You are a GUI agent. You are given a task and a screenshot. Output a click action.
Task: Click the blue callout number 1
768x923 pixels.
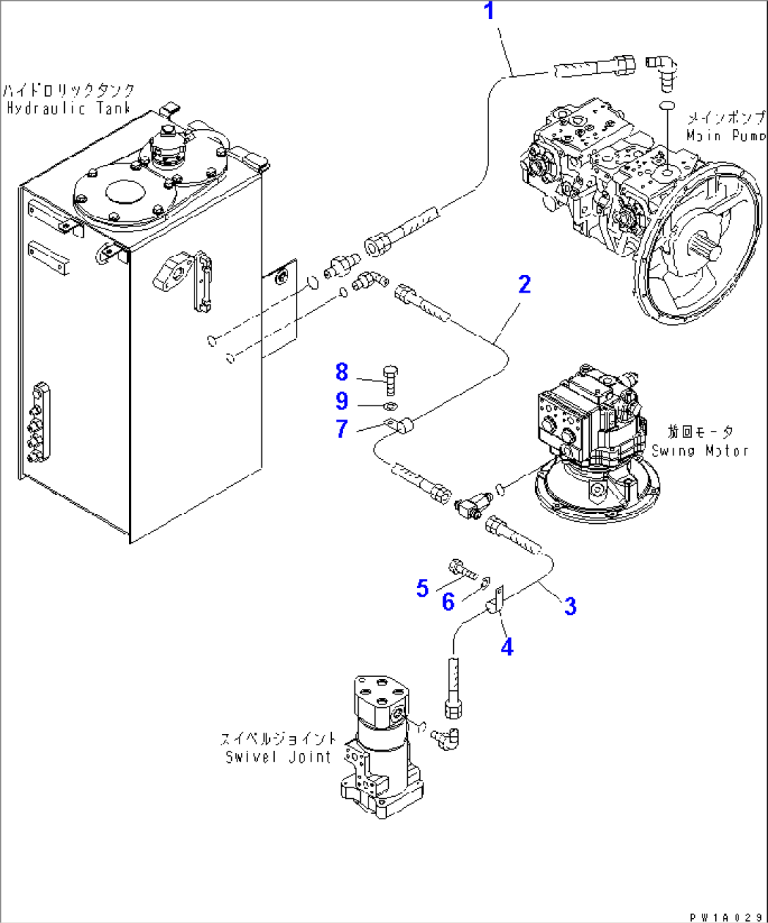(x=489, y=12)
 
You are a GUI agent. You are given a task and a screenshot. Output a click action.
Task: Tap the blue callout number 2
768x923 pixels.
(x=524, y=284)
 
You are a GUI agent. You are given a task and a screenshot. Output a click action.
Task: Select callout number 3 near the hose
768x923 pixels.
(x=570, y=606)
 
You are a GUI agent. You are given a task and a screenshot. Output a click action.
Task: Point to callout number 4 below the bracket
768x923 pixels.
(x=507, y=647)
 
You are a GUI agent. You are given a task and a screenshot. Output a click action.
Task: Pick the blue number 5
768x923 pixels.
(x=422, y=588)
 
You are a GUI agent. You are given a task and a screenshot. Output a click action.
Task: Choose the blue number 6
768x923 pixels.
(x=448, y=601)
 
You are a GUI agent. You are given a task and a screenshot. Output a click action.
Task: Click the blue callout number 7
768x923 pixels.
(x=342, y=429)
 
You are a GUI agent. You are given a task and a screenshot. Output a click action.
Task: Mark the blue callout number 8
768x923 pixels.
(x=342, y=372)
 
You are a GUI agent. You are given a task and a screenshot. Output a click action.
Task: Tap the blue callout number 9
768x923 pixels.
(x=342, y=401)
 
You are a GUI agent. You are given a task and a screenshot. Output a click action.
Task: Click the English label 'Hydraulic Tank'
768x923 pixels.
(x=69, y=109)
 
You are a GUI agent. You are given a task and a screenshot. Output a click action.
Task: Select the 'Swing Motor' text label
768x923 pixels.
(x=700, y=451)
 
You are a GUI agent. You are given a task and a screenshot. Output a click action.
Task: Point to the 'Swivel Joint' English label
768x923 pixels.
(x=278, y=757)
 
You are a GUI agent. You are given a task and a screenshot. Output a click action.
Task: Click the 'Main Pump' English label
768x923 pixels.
(x=726, y=135)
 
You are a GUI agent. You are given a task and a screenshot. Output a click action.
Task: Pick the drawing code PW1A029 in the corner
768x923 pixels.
(x=726, y=917)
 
